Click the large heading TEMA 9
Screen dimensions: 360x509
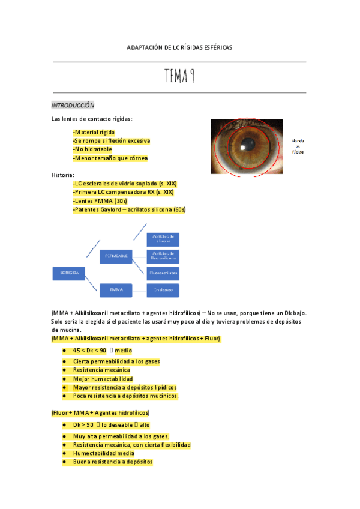tap(181, 77)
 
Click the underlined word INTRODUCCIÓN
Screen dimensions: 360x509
tap(73, 104)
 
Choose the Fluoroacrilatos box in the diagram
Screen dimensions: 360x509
tap(163, 273)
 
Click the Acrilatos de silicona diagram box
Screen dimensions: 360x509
tap(163, 239)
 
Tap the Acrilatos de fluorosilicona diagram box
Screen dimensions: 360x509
tap(163, 256)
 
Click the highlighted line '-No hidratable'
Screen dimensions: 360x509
tap(93, 149)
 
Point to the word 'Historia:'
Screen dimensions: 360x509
tap(63, 175)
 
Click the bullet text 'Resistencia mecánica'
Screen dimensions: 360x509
tap(101, 370)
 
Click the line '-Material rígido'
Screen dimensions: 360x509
tap(94, 132)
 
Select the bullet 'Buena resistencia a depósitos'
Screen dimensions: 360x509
tap(113, 462)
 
